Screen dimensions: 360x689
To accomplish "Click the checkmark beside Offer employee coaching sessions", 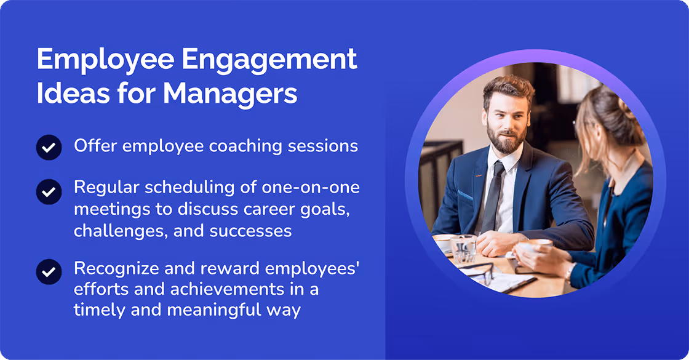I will (x=49, y=148).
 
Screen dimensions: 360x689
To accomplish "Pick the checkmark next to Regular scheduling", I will (x=49, y=191).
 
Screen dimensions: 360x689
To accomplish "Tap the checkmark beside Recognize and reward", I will (x=49, y=271).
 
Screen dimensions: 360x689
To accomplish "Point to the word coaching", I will (x=249, y=146).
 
